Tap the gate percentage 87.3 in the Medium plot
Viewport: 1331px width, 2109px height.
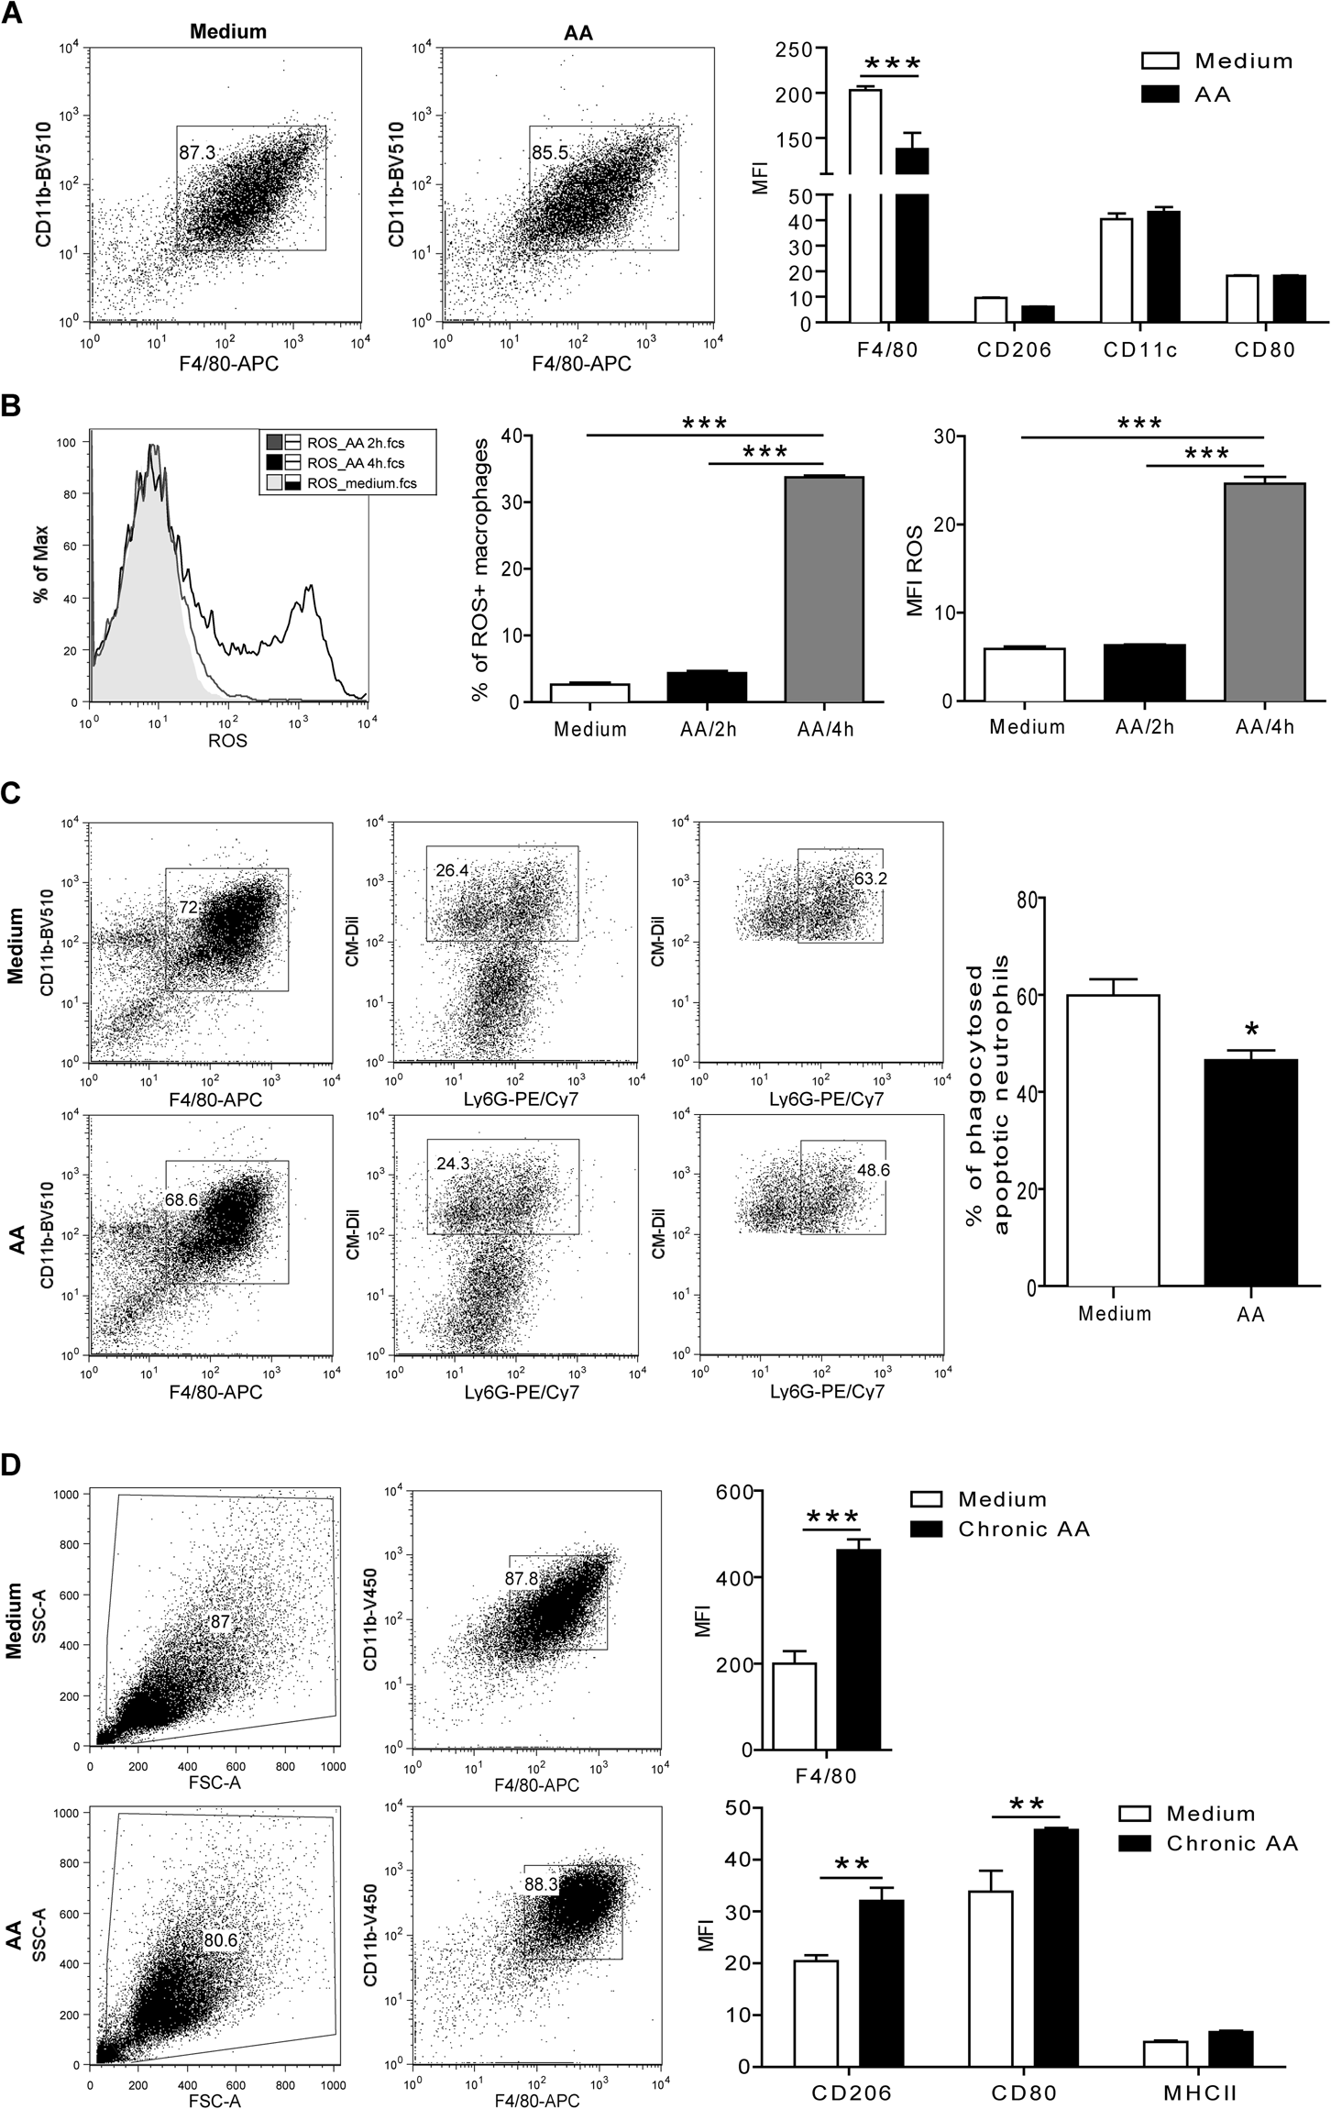click(x=197, y=153)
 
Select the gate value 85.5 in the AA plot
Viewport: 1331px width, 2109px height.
click(x=549, y=153)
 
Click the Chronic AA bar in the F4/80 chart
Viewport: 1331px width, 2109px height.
click(x=858, y=1650)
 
